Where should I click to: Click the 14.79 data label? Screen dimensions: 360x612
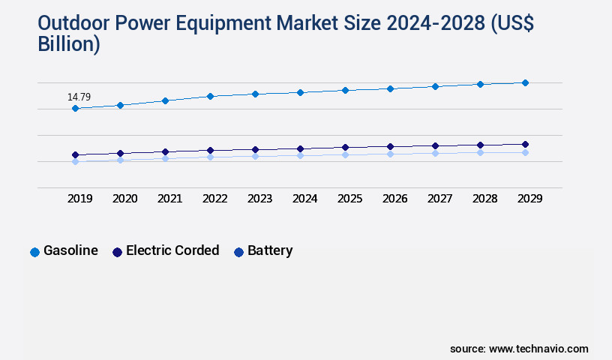coord(79,97)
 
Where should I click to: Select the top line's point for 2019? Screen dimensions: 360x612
coord(75,109)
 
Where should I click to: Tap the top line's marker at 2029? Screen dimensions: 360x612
coord(525,82)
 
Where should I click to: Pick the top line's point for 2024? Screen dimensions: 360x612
coord(300,92)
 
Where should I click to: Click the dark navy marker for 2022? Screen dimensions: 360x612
coord(210,150)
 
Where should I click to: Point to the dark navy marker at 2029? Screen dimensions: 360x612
coord(525,144)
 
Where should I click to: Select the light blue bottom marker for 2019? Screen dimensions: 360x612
coord(75,161)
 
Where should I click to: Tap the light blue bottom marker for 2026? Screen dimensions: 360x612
coord(390,154)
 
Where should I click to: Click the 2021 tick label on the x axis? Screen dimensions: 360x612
coord(169,199)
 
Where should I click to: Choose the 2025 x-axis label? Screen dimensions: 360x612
coord(349,199)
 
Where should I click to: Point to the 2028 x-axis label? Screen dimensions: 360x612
coord(484,199)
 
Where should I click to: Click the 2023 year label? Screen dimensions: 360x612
coord(259,199)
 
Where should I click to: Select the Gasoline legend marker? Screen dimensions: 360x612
coord(34,252)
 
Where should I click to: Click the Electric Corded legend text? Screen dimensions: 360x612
coord(172,250)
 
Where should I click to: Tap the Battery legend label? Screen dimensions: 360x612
coord(270,250)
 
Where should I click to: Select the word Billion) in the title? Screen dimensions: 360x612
coord(68,44)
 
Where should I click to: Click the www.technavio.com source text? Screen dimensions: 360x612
coord(538,349)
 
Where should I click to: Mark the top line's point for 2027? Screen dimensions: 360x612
coord(435,86)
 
